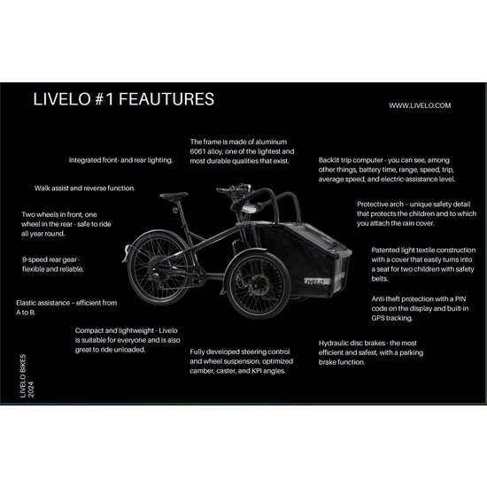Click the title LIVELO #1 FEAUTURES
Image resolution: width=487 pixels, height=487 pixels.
coord(123,99)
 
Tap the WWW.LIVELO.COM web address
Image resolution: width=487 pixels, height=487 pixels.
coord(420,104)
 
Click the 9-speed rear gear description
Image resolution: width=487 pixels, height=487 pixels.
coord(57,264)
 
